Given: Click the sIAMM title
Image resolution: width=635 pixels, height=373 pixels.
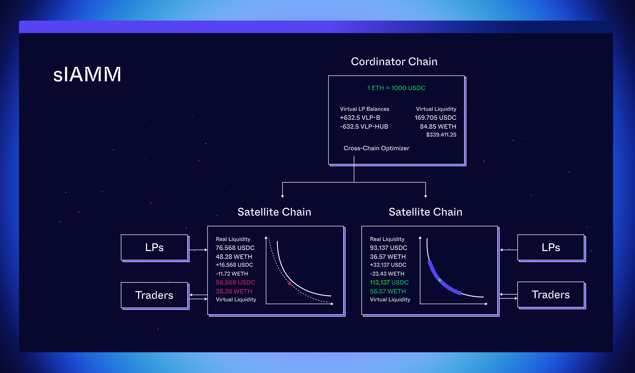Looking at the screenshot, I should [87, 75].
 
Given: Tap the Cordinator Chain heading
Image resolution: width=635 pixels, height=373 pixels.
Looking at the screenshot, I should [394, 62].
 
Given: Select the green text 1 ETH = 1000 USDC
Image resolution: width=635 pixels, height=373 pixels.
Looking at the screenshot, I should [396, 88].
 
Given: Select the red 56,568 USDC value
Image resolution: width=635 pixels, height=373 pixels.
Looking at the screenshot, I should [235, 282].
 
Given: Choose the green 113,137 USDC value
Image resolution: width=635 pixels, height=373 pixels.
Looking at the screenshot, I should [389, 282].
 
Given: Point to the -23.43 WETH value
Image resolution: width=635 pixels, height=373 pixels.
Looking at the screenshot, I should [387, 274].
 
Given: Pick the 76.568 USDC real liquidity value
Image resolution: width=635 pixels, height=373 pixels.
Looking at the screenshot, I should [235, 248].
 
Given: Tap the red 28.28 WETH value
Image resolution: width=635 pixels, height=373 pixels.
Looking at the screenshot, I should [234, 291].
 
